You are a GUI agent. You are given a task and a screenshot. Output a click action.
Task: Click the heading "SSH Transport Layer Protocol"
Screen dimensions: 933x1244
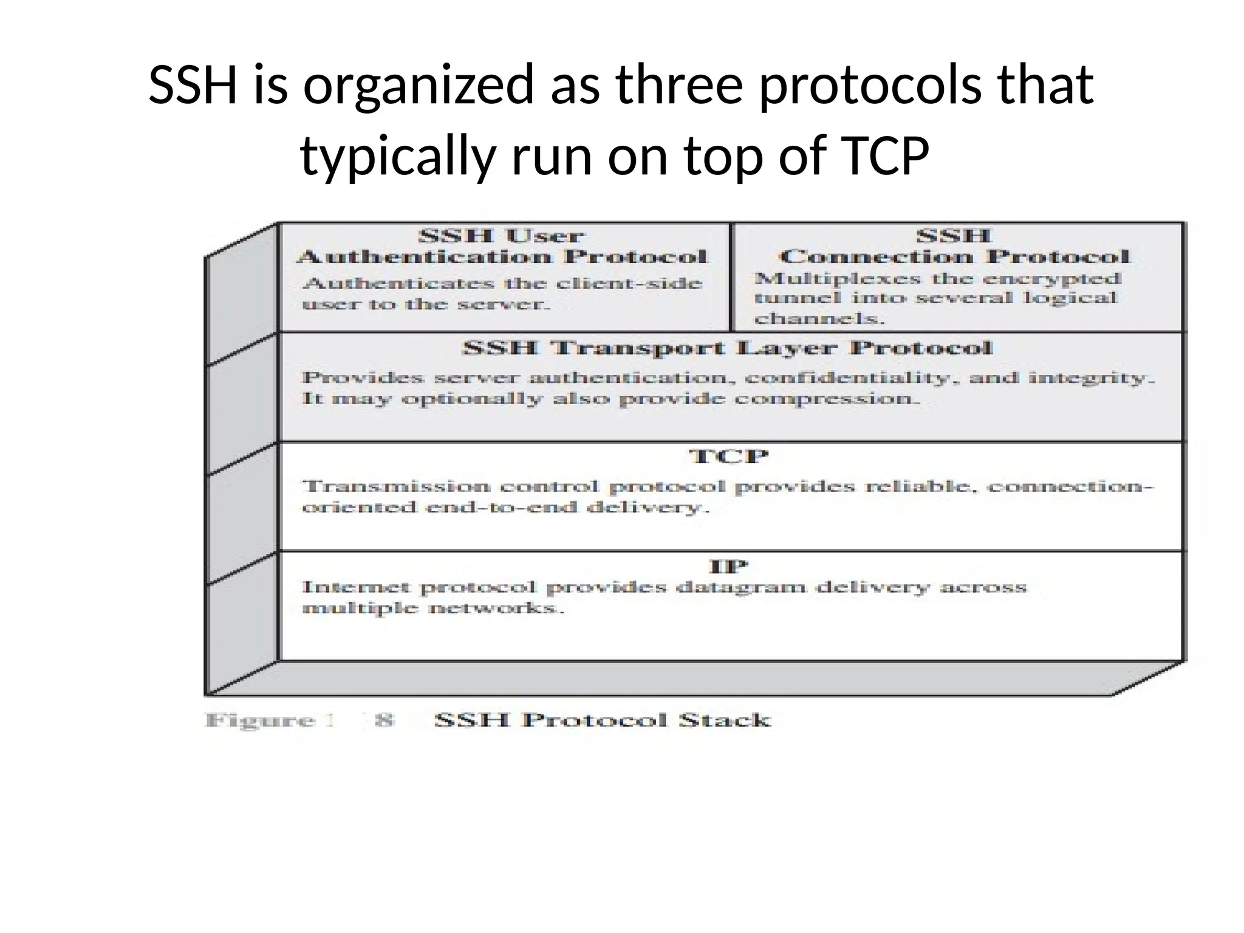[x=727, y=349]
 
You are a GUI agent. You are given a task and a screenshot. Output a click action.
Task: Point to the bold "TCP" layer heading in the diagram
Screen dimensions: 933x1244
[x=729, y=456]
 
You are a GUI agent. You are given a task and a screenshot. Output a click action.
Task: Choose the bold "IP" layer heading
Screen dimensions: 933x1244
[x=728, y=567]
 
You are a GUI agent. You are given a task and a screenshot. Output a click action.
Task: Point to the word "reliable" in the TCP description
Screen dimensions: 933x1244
[x=921, y=487]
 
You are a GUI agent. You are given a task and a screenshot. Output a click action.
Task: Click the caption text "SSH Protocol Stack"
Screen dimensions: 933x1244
[x=603, y=720]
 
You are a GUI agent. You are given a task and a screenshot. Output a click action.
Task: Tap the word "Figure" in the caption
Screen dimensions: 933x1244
[x=260, y=721]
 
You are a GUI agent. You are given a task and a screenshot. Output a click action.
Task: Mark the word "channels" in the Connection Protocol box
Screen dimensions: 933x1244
[x=819, y=319]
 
